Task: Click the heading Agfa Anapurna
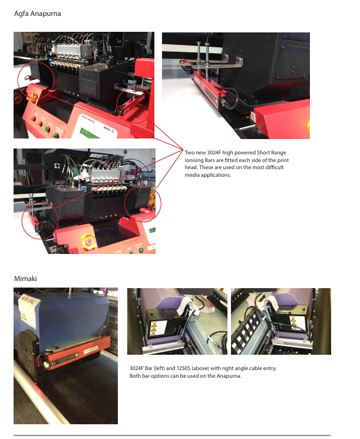(38, 14)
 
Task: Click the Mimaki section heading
(25, 279)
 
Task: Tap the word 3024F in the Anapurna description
(214, 153)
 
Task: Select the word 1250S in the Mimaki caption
(183, 368)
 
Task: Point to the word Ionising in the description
(194, 160)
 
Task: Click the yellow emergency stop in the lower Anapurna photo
(88, 242)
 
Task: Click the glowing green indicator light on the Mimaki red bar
(46, 364)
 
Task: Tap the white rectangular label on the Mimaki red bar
(91, 349)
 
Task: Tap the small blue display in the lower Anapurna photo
(84, 187)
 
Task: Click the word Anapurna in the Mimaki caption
(228, 376)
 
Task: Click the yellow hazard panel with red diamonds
(153, 197)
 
